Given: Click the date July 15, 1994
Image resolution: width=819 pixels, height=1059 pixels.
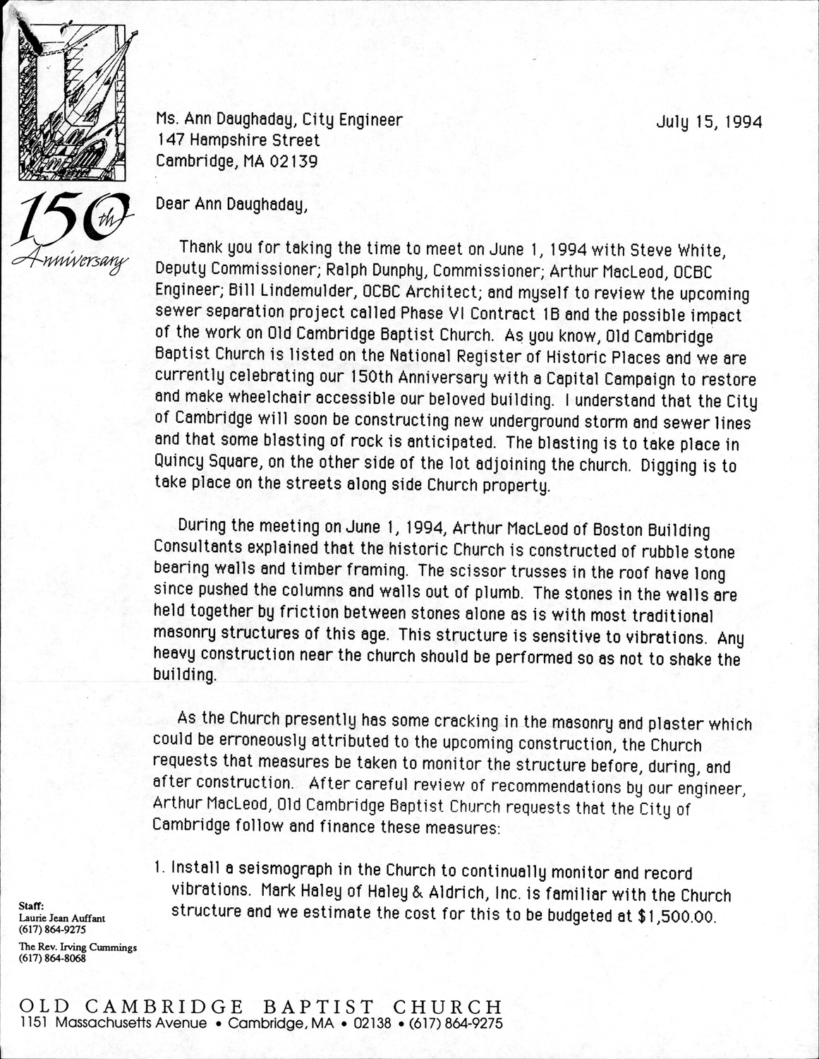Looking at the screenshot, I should pos(709,122).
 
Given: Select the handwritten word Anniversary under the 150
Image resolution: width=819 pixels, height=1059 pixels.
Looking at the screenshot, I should pos(68,259).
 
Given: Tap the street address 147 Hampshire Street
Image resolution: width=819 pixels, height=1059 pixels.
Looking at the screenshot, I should pos(238,140).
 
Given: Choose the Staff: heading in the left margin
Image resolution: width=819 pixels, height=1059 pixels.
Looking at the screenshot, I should pos(32,904).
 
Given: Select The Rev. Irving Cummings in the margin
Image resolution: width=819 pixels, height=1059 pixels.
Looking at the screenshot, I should pos(78,947).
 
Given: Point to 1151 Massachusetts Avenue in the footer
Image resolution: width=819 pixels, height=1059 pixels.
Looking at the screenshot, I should pos(114,1023).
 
